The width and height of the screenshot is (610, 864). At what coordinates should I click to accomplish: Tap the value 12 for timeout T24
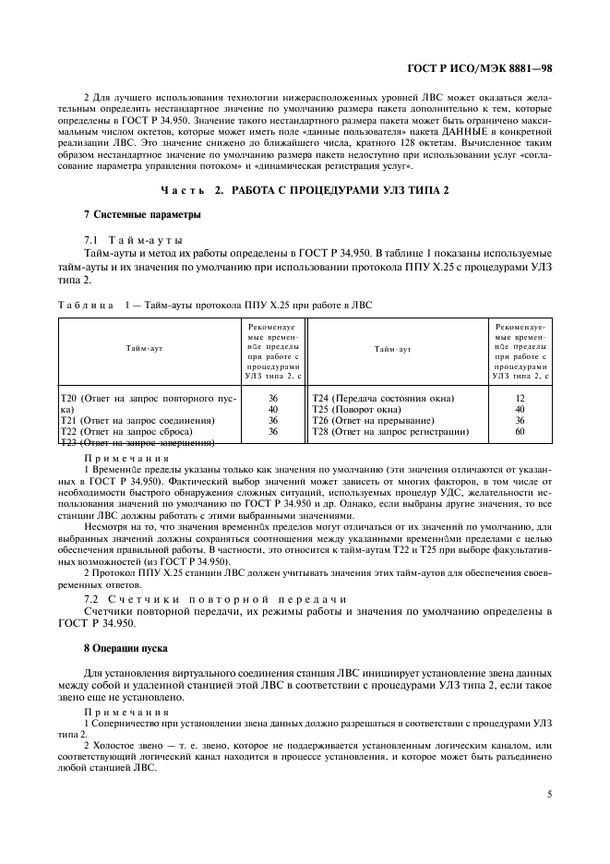(520, 398)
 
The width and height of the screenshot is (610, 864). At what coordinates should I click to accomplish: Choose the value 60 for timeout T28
(520, 431)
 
